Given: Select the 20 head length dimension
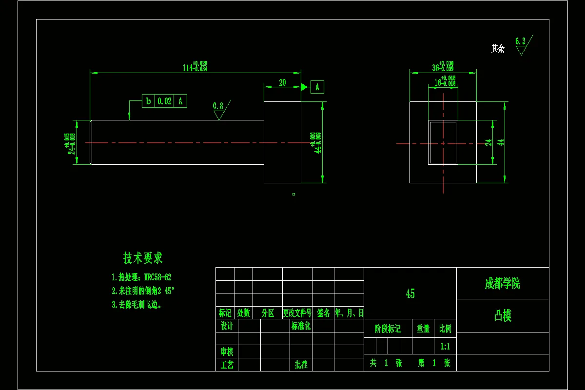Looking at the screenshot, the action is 282,83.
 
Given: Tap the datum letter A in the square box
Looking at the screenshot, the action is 317,87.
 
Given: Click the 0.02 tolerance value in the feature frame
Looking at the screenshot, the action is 165,101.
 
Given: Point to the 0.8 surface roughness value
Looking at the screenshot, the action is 218,106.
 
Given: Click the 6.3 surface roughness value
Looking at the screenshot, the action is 520,41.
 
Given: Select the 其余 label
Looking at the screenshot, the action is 498,49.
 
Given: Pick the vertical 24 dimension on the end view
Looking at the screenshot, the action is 488,142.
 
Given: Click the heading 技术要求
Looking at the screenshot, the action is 143,258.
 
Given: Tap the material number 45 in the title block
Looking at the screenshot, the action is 410,293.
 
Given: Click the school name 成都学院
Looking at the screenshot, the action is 502,284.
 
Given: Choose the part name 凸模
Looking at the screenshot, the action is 503,316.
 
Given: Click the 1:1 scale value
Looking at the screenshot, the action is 445,347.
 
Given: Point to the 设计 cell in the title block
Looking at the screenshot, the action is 227,326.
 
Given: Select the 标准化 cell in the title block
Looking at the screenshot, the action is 301,326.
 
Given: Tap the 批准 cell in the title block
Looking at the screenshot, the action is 301,364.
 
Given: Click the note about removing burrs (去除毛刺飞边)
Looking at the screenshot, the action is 136,305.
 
